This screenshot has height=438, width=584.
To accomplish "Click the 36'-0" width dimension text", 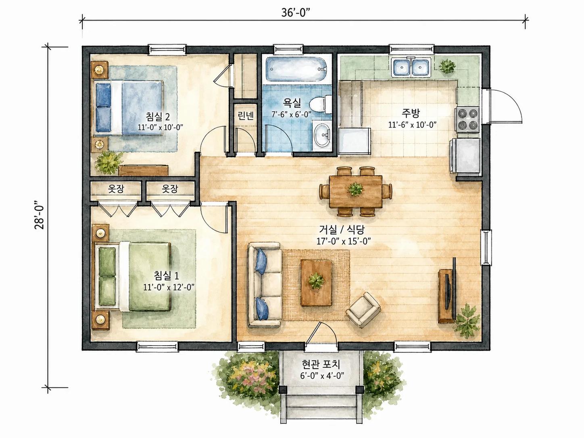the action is pyautogui.click(x=296, y=13).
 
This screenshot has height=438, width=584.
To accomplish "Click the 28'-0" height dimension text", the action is pyautogui.click(x=39, y=215).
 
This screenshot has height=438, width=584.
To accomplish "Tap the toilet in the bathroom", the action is pyautogui.click(x=321, y=104).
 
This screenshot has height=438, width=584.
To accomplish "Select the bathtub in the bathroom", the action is pyautogui.click(x=296, y=69).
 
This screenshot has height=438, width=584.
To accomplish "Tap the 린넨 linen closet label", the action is pyautogui.click(x=245, y=115).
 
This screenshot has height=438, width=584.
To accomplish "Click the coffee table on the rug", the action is pyautogui.click(x=316, y=283).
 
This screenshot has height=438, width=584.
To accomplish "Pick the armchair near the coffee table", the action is pyautogui.click(x=363, y=310).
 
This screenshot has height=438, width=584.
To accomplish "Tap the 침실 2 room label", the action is pyautogui.click(x=158, y=116).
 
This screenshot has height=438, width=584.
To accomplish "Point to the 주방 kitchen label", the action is pyautogui.click(x=411, y=113).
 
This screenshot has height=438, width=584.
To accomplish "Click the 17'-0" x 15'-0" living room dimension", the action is pyautogui.click(x=344, y=241).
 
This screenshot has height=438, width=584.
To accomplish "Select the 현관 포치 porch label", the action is pyautogui.click(x=321, y=364).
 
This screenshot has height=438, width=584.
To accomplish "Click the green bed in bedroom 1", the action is pyautogui.click(x=133, y=277).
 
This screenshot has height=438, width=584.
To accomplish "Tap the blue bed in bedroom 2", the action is pyautogui.click(x=128, y=108).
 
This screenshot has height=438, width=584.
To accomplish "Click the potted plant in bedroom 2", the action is pyautogui.click(x=109, y=162).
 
